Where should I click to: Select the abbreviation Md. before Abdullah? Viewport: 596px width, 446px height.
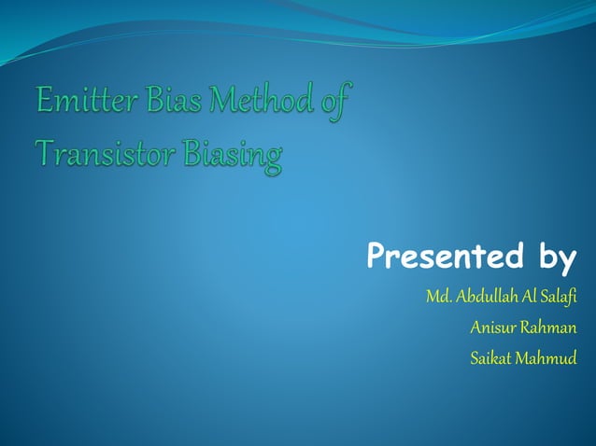[x=438, y=298]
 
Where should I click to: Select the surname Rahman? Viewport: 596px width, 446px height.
[x=549, y=328]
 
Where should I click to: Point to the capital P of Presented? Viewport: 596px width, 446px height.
[x=377, y=254]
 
